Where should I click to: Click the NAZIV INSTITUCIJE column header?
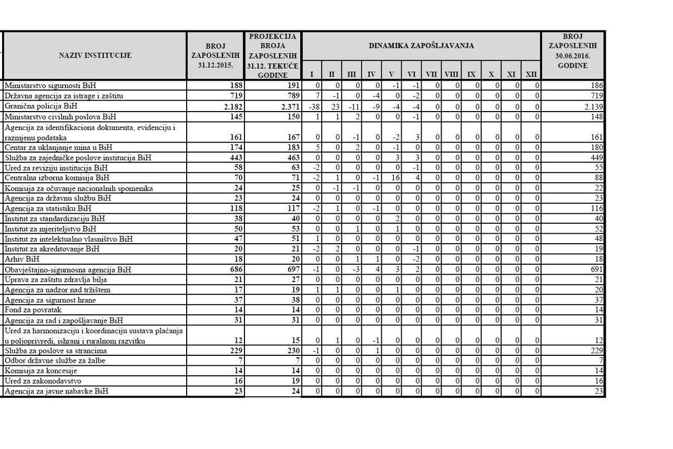click(x=95, y=55)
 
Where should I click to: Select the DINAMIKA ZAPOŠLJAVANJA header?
click(x=421, y=46)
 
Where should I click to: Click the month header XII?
click(x=531, y=74)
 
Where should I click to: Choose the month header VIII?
click(x=452, y=74)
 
